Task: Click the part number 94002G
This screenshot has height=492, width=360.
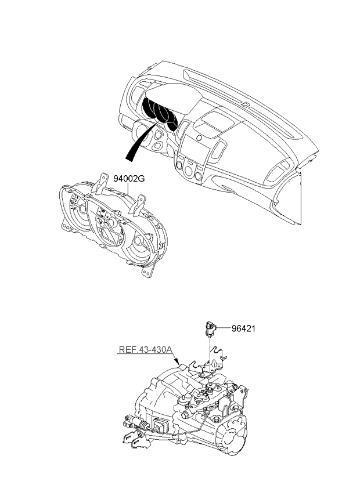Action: pyautogui.click(x=128, y=179)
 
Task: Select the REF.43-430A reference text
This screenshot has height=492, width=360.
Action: pyautogui.click(x=145, y=350)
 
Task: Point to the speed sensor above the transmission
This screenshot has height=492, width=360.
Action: pyautogui.click(x=210, y=328)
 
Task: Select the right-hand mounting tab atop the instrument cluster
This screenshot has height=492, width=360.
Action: pyautogui.click(x=141, y=205)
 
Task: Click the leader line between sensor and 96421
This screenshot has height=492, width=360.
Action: pyautogui.click(x=224, y=329)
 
